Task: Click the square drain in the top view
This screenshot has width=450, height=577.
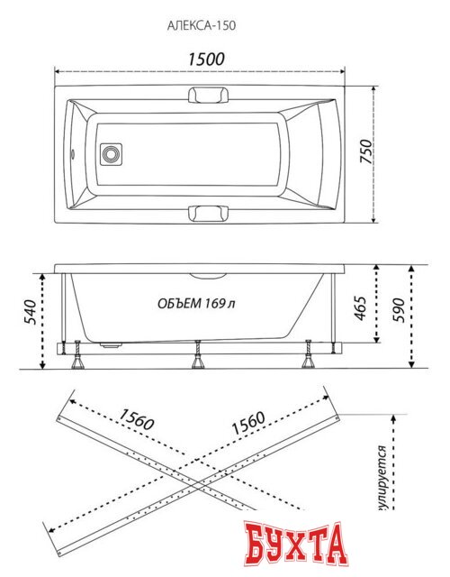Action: (111, 154)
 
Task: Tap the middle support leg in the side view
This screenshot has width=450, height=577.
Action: (196, 358)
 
